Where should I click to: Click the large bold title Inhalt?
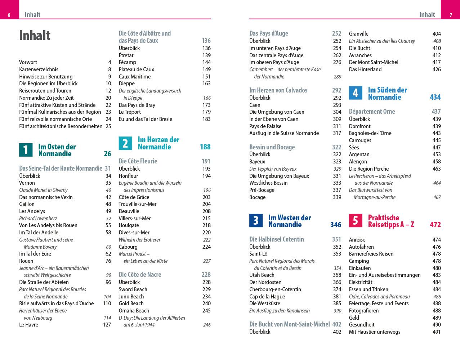35,36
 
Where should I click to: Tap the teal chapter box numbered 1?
26,150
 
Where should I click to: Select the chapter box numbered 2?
125,143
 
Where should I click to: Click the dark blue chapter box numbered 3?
256,221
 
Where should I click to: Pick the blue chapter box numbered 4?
355,93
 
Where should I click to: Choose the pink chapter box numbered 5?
355,221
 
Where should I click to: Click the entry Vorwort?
28,62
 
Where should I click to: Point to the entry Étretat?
126,55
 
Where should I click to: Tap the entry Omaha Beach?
134,311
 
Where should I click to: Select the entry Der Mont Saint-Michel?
374,62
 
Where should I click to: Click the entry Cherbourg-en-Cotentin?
275,289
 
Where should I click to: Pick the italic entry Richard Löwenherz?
38,219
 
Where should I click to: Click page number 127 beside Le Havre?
107,325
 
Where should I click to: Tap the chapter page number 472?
435,225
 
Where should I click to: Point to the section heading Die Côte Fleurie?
138,161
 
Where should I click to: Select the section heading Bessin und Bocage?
272,147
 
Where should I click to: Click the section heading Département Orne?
372,112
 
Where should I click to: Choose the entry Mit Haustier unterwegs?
375,332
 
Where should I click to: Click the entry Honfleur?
129,176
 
